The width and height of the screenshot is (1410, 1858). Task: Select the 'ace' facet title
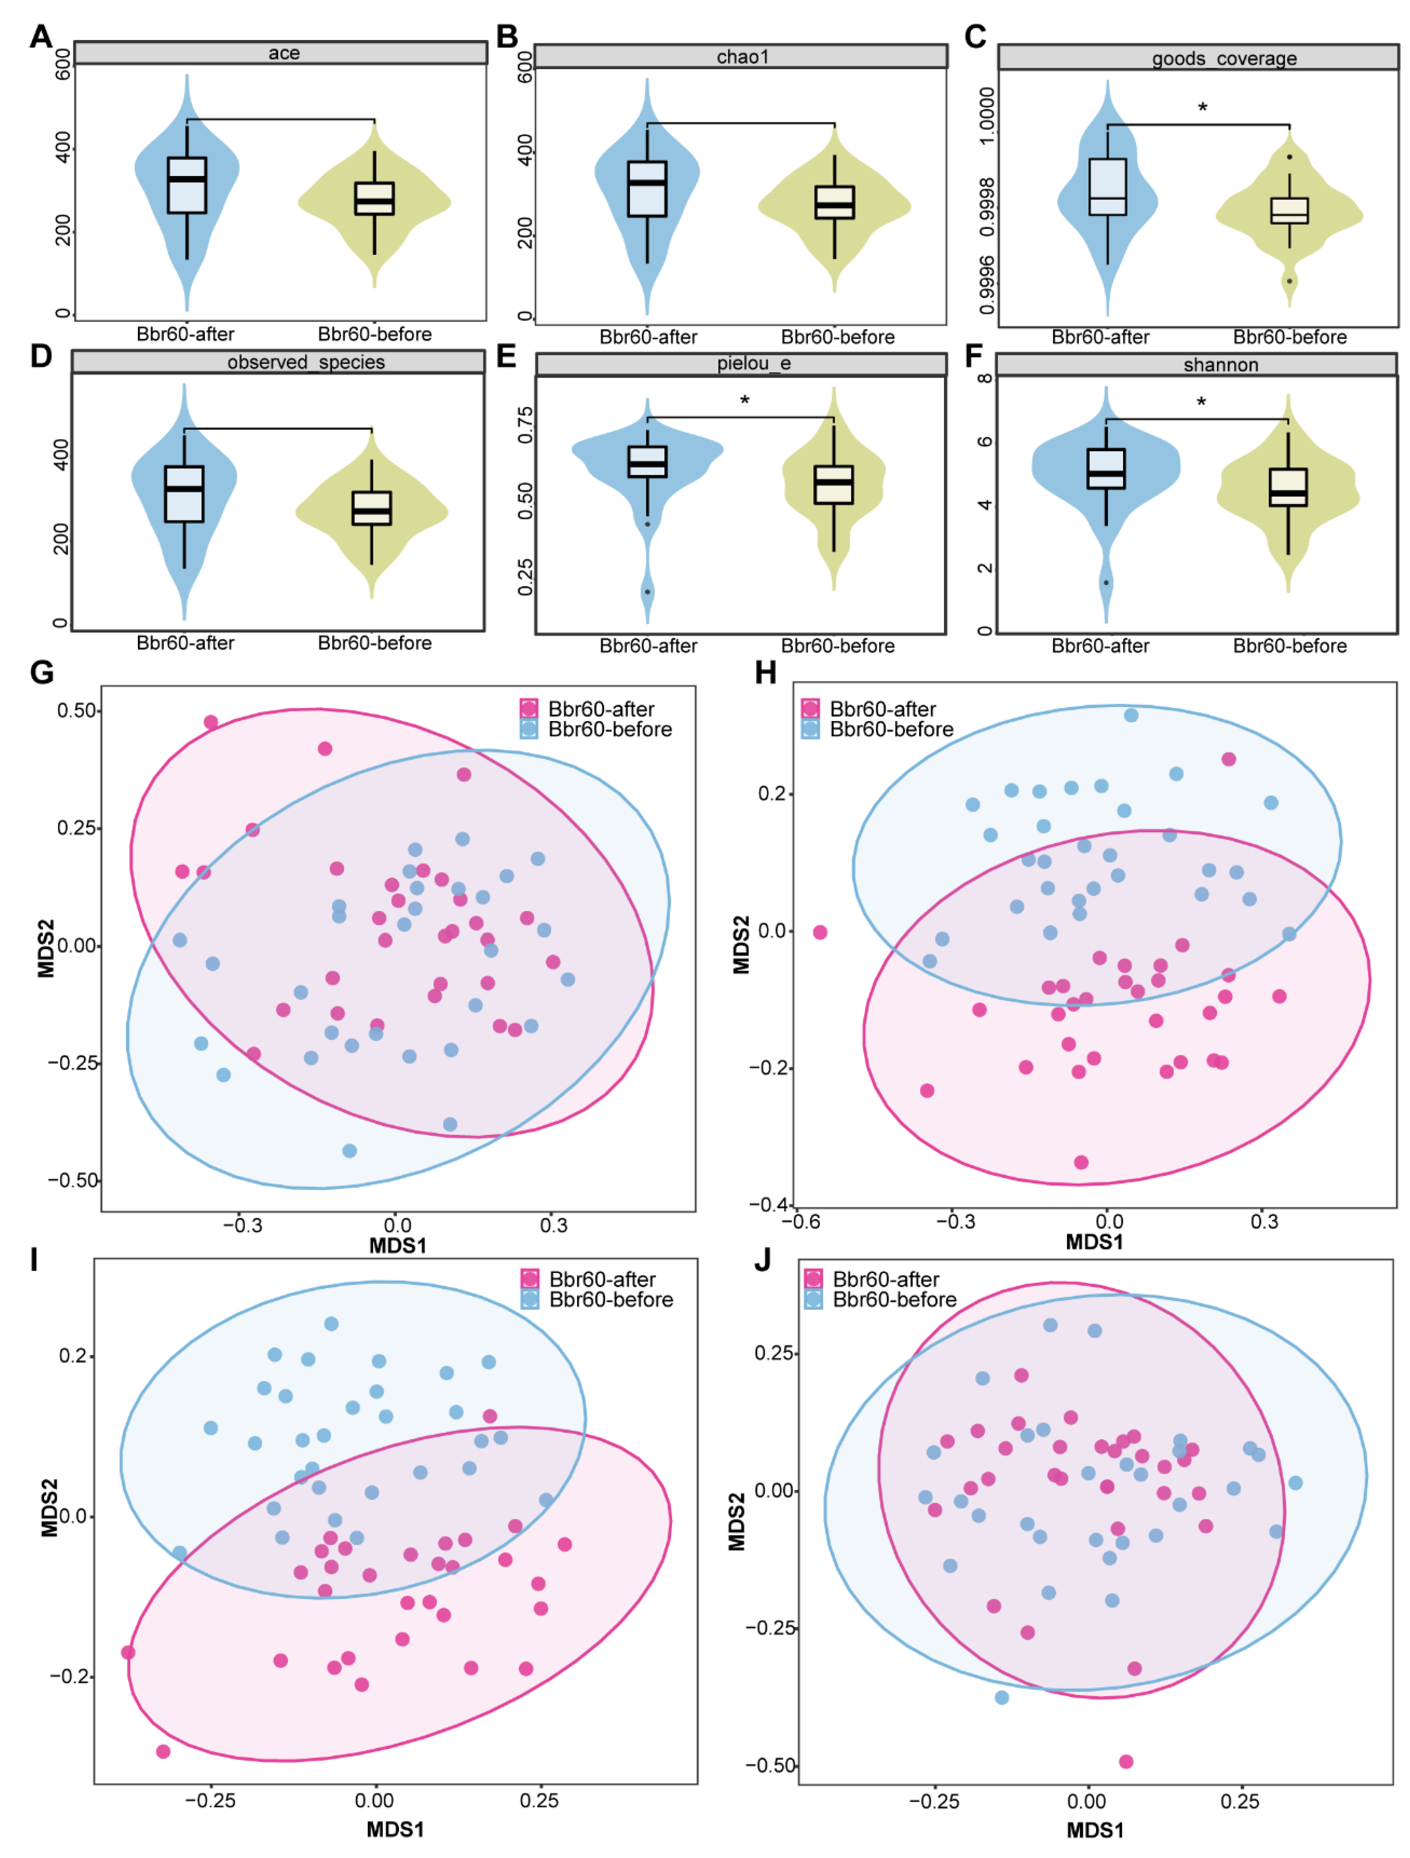284,53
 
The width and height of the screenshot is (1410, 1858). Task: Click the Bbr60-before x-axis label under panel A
374,335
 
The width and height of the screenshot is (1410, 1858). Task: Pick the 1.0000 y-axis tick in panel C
988,115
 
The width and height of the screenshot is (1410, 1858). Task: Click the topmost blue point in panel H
1131,715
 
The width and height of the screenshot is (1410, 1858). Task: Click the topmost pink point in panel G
211,723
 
